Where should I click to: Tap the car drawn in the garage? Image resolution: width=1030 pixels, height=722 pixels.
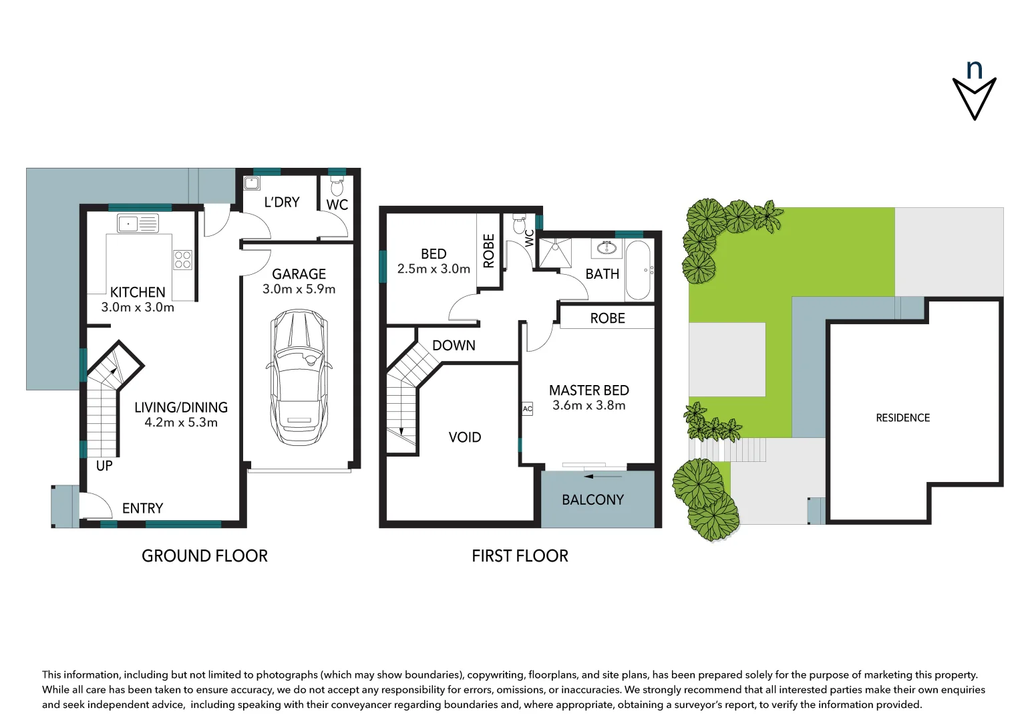click(x=299, y=377)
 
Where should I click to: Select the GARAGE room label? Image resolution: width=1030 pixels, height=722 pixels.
click(x=299, y=274)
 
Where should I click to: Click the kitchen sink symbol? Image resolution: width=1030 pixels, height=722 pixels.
click(x=138, y=223)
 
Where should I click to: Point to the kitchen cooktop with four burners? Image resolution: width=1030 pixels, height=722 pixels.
click(x=183, y=260)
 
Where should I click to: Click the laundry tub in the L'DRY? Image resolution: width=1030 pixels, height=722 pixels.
click(x=252, y=183)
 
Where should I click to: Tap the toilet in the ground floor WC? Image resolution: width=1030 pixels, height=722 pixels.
click(x=337, y=187)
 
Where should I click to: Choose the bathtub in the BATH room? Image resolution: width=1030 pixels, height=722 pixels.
click(x=638, y=271)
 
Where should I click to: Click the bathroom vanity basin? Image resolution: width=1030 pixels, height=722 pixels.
click(x=607, y=249)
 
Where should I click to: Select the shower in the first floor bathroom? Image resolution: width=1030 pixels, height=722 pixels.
click(x=556, y=252)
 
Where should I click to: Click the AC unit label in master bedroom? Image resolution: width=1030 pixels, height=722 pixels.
click(x=527, y=409)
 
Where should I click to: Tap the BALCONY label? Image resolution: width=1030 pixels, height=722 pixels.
click(x=592, y=500)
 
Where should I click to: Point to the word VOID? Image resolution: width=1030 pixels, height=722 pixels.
click(x=465, y=437)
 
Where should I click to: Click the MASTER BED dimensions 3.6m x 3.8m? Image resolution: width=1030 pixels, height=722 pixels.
click(x=588, y=406)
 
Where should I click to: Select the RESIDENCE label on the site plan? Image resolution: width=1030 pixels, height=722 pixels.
click(x=902, y=418)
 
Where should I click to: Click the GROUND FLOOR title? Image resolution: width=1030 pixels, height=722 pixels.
click(x=204, y=556)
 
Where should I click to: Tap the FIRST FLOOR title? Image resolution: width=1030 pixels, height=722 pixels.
click(x=520, y=556)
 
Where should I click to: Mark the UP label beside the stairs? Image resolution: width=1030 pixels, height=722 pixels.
click(x=104, y=466)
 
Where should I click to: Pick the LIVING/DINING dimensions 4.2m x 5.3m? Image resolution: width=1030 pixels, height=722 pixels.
click(x=181, y=423)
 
